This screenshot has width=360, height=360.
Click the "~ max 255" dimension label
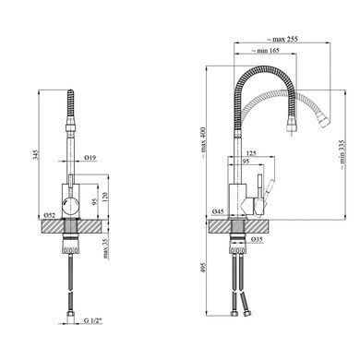click(282, 39)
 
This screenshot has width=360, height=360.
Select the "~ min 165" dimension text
click(265, 51)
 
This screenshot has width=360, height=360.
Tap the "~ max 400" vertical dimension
click(203, 143)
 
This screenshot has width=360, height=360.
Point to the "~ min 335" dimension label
click(342, 155)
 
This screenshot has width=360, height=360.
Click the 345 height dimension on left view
click(36, 154)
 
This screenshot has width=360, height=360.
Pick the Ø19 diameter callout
click(90, 158)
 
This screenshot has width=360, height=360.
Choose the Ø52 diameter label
click(50, 215)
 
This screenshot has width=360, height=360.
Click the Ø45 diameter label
click(218, 211)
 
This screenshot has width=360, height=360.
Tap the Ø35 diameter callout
click(258, 239)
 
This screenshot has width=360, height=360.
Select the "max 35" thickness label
click(106, 248)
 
